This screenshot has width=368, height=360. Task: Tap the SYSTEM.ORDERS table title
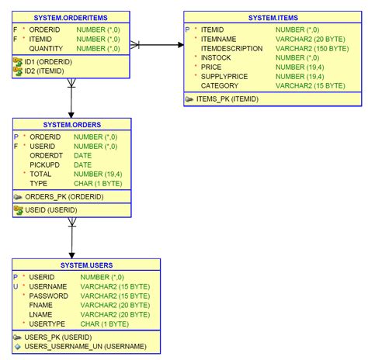pyautogui.click(x=72, y=123)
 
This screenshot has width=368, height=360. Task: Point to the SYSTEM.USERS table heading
pyautogui.click(x=86, y=264)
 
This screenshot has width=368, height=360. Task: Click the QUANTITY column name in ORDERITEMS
pyautogui.click(x=46, y=47)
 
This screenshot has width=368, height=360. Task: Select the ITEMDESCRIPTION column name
pyautogui.click(x=231, y=48)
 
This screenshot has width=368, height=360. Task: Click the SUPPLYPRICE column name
pyautogui.click(x=225, y=76)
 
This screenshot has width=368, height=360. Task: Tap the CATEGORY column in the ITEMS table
pyautogui.click(x=220, y=85)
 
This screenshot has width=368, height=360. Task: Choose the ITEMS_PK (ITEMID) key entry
pyautogui.click(x=227, y=99)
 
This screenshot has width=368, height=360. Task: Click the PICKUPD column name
pyautogui.click(x=45, y=164)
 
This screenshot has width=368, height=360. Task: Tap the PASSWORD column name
pyautogui.click(x=48, y=296)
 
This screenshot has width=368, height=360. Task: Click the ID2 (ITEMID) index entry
pyautogui.click(x=44, y=71)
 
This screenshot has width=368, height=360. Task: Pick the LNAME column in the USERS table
pyautogui.click(x=40, y=314)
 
